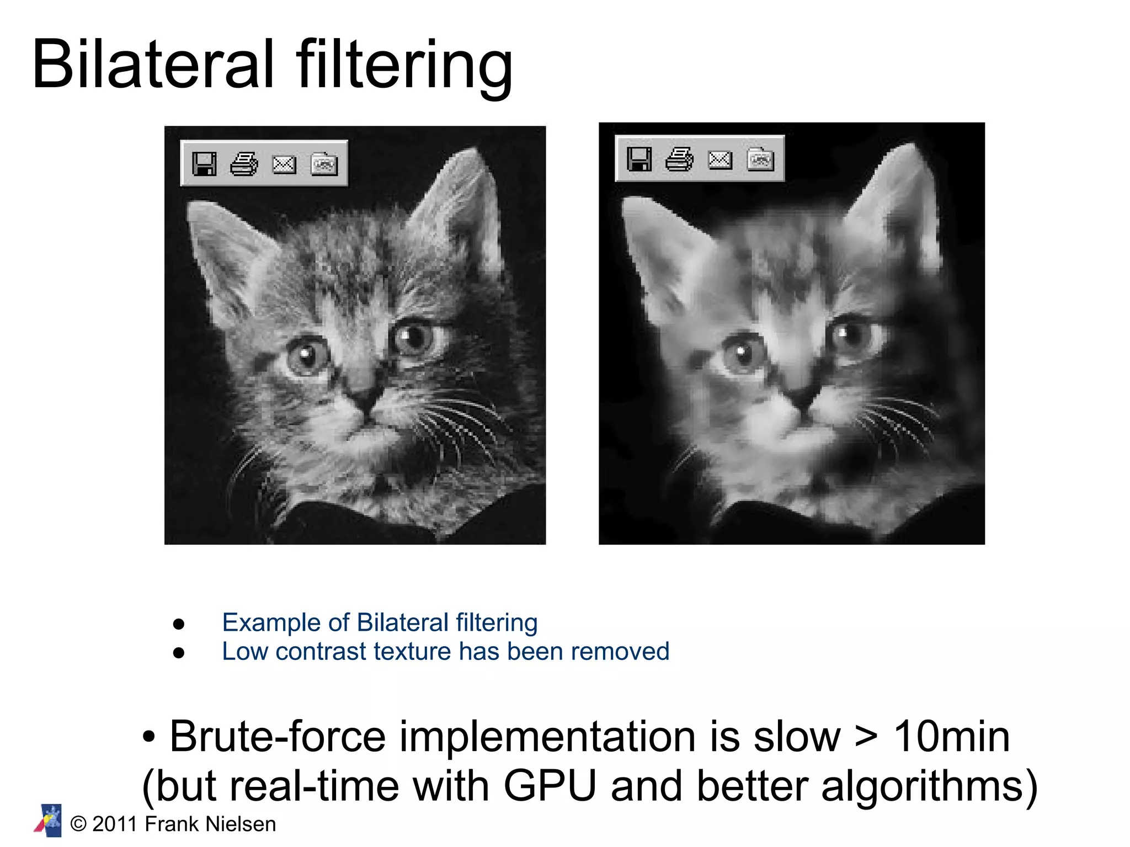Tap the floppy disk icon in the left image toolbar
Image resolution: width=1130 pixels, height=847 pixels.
click(204, 164)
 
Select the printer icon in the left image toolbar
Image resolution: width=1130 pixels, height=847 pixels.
click(244, 164)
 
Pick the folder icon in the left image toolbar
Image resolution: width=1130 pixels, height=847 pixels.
click(324, 164)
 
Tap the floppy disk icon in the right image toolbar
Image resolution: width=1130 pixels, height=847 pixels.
click(639, 159)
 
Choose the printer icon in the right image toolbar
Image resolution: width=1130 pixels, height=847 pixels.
click(679, 159)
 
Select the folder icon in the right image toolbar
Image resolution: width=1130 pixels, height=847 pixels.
click(760, 159)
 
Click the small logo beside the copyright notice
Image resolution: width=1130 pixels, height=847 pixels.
click(49, 821)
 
